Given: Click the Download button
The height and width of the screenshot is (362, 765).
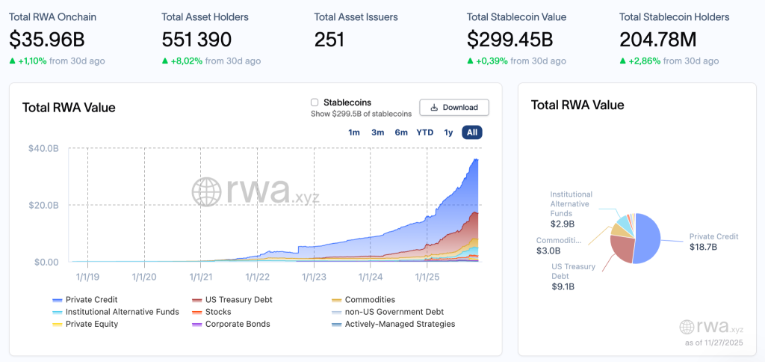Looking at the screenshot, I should tap(454, 108).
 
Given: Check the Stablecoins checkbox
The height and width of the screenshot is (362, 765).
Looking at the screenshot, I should tap(315, 102).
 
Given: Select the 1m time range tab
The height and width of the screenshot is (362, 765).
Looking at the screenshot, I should tap(354, 132).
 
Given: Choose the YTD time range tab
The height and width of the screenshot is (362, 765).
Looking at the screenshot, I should tap(424, 132).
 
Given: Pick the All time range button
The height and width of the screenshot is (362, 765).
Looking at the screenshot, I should tap(471, 132).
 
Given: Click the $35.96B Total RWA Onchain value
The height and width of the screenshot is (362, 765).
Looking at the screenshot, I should tap(47, 39).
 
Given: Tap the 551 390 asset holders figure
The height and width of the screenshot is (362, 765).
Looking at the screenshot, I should tap(196, 39).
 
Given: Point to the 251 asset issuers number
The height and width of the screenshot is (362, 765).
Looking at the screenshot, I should tap(329, 39).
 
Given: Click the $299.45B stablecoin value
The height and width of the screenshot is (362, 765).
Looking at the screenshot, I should tap(510, 39).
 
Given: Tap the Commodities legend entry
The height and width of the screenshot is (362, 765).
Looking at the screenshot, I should tap(369, 300).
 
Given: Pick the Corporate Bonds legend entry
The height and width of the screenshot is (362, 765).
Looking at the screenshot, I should tap(237, 325).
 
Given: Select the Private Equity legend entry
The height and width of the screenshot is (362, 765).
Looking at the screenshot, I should tap(91, 325).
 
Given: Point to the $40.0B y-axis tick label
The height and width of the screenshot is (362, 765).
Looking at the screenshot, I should tap(43, 148).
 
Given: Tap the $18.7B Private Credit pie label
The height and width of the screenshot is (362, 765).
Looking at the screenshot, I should tap(701, 247).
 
